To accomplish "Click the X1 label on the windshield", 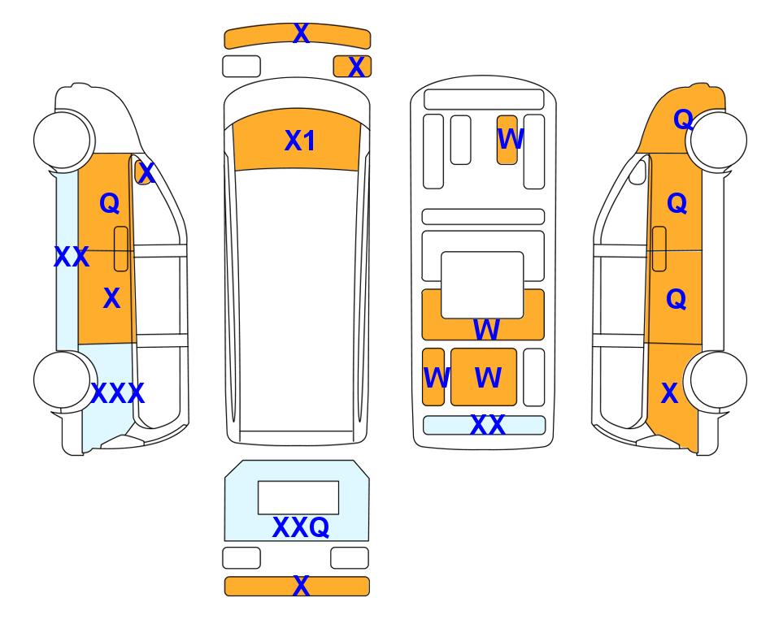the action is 299,141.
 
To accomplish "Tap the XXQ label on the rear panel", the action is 301,526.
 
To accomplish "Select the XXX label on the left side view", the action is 118,393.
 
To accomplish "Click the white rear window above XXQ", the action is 298,497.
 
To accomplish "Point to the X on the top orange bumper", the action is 301,33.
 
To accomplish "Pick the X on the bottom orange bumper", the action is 301,585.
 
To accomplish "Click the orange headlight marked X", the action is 352,67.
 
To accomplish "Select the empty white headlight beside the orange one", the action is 241,67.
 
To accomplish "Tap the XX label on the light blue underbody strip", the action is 487,425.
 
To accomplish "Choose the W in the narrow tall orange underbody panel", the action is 436,377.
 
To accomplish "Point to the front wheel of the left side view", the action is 63,139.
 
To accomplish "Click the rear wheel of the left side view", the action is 64,380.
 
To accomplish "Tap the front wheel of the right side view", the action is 717,141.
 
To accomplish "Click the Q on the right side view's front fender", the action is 683,119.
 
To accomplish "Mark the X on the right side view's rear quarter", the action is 670,393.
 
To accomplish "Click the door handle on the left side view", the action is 121,249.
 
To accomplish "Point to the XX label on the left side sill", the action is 72,257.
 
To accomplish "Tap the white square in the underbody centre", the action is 482,285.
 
